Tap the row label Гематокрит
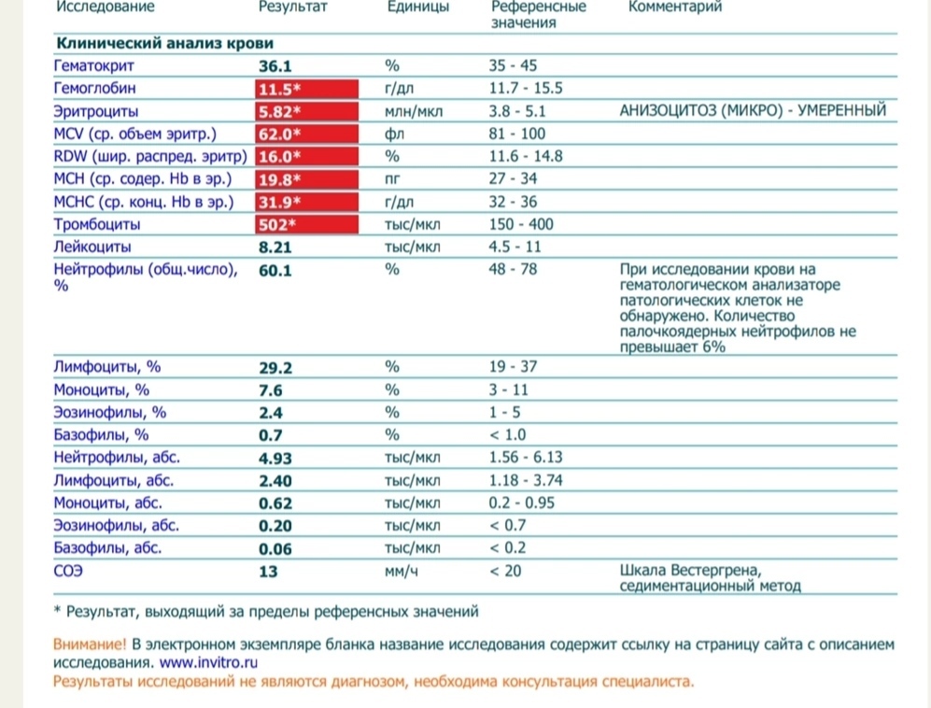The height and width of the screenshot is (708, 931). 95,66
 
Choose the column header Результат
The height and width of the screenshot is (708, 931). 292,7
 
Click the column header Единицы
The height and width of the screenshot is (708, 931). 417,7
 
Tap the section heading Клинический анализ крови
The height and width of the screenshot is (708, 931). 165,43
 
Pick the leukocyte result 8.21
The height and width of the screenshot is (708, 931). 275,248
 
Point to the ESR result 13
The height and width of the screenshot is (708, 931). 268,571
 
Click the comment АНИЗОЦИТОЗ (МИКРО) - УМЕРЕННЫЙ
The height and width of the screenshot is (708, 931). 752,111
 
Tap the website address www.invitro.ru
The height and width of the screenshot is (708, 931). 207,661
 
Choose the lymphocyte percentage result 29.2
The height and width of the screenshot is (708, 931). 275,368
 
